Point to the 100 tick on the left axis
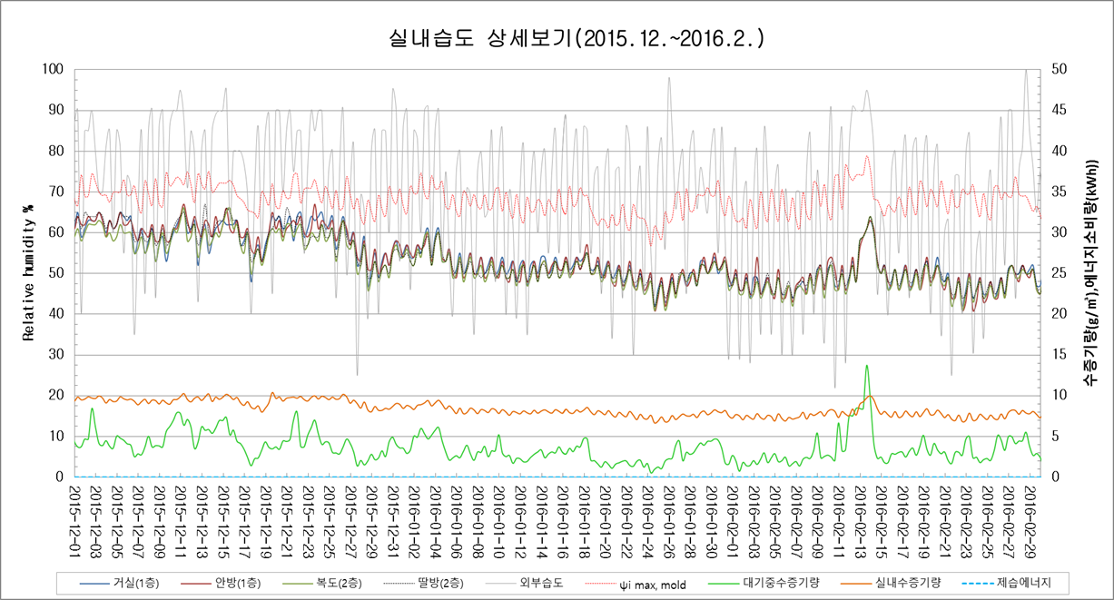54,69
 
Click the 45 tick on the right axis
1057,110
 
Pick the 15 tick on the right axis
1057,355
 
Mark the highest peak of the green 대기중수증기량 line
867,365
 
